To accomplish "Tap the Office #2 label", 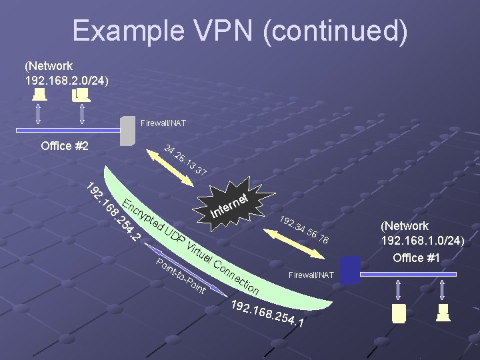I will coord(65,146).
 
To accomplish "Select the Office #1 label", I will coord(417,257).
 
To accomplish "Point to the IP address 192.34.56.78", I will coord(303,230).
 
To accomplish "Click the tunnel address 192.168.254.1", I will coord(267,314).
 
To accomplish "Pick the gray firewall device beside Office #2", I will coord(127,131).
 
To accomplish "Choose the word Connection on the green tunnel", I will coord(237,277).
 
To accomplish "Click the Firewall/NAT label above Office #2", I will coord(163,123).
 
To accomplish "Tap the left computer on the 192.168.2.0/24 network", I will coord(39,95).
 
